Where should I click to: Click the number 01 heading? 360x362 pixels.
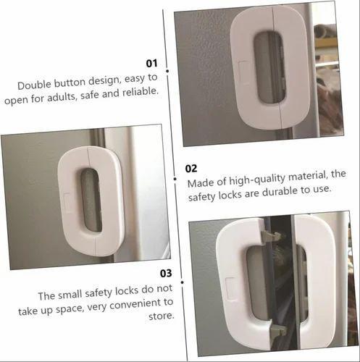click(x=152, y=63)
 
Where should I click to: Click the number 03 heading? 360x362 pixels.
click(x=166, y=273)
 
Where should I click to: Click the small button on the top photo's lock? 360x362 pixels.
click(x=241, y=67)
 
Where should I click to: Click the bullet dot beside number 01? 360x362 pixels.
click(x=167, y=70)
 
